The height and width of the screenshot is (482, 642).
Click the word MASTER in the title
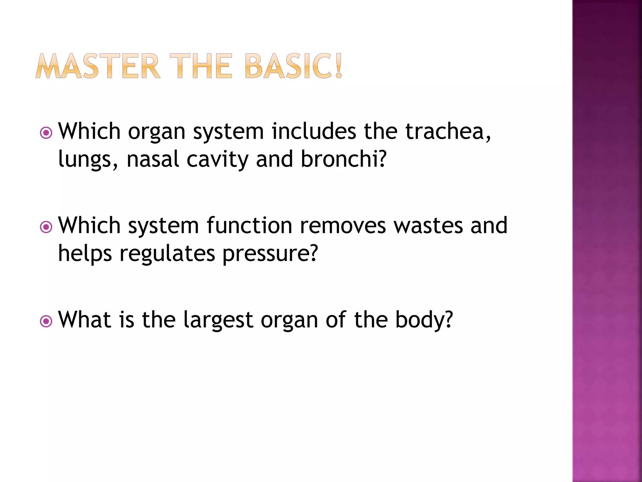tap(98, 66)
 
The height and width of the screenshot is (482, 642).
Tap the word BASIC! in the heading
tap(293, 66)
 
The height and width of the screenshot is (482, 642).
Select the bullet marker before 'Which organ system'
tap(46, 133)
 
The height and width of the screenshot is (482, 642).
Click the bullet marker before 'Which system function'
tap(46, 227)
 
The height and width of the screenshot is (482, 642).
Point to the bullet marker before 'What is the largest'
tap(46, 321)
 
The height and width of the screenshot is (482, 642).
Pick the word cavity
tap(218, 159)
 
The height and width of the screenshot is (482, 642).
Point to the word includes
tap(313, 131)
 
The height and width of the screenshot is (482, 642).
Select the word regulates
tap(167, 254)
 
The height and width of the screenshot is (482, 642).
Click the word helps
tap(85, 254)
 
